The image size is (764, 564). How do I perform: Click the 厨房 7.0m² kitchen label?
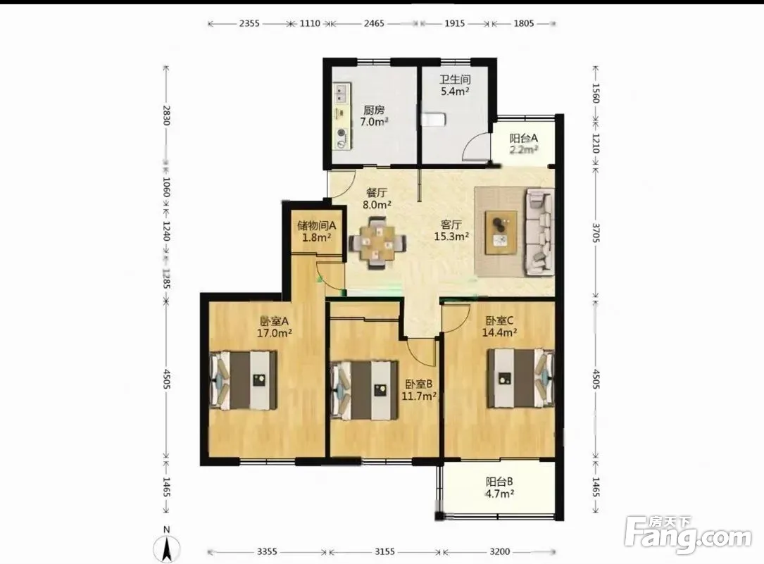[374, 116]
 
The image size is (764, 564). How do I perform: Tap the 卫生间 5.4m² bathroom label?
[455, 85]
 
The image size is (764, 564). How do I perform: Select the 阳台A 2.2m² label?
[524, 144]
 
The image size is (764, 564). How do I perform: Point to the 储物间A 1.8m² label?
[317, 232]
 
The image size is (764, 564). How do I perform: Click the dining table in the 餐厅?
[377, 242]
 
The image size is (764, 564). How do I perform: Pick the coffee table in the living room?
[501, 232]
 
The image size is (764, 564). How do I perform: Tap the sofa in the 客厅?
[539, 232]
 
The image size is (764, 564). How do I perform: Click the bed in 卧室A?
[243, 380]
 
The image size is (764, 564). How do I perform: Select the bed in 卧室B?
[364, 390]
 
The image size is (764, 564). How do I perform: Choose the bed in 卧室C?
[521, 378]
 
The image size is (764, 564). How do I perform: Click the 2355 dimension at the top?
[249, 23]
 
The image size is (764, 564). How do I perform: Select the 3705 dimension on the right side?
[596, 232]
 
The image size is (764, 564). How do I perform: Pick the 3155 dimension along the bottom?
[384, 551]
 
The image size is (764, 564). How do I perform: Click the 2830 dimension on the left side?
[166, 115]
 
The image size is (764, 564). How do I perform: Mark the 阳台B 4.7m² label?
[499, 487]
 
